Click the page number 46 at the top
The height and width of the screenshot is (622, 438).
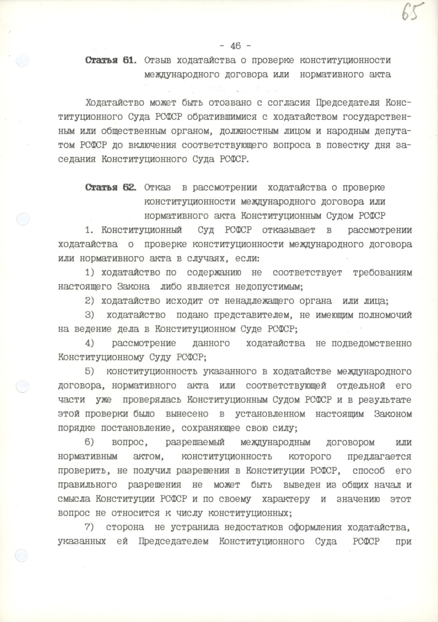[x=236, y=46]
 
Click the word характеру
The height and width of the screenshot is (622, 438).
[x=286, y=499]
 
